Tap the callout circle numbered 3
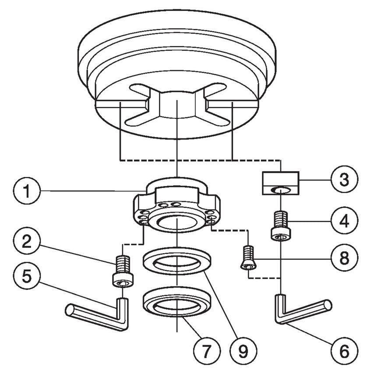tap(345, 180)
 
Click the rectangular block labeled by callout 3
tap(280, 183)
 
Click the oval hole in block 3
tap(280, 190)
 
